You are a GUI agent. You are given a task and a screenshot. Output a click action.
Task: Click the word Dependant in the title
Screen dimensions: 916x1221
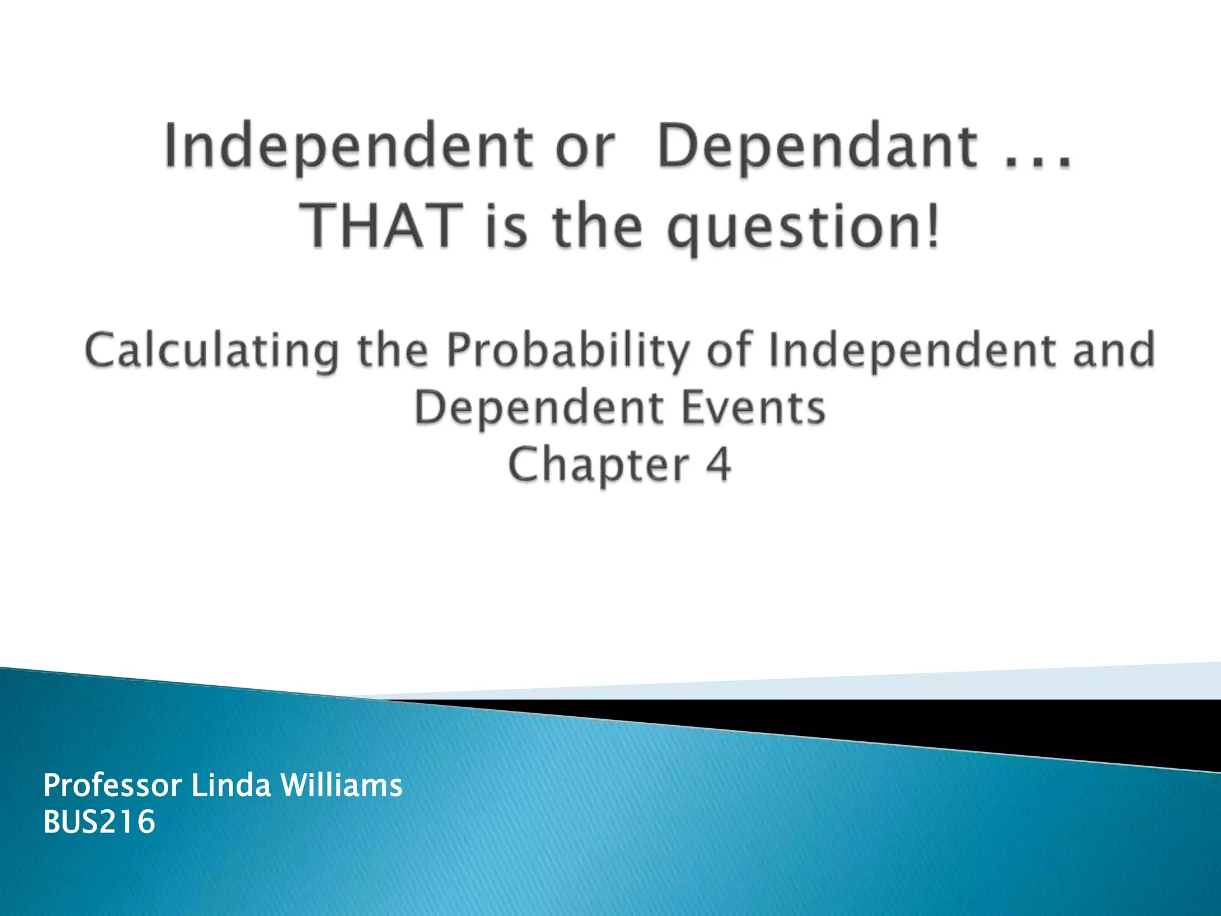[817, 147]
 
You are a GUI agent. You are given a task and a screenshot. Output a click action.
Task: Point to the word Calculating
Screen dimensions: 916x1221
[212, 351]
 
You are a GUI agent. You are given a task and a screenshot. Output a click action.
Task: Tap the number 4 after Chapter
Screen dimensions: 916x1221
[718, 465]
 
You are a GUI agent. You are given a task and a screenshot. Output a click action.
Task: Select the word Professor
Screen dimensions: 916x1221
[112, 785]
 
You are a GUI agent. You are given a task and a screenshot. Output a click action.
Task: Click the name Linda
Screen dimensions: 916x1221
[230, 785]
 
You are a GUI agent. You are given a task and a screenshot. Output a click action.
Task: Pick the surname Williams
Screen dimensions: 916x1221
[342, 785]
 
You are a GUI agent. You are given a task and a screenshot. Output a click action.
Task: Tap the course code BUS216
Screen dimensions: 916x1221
[99, 822]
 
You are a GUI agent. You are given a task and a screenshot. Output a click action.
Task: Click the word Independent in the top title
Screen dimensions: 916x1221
[349, 147]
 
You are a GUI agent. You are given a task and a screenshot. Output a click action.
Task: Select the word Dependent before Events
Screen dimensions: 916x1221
[539, 409]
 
